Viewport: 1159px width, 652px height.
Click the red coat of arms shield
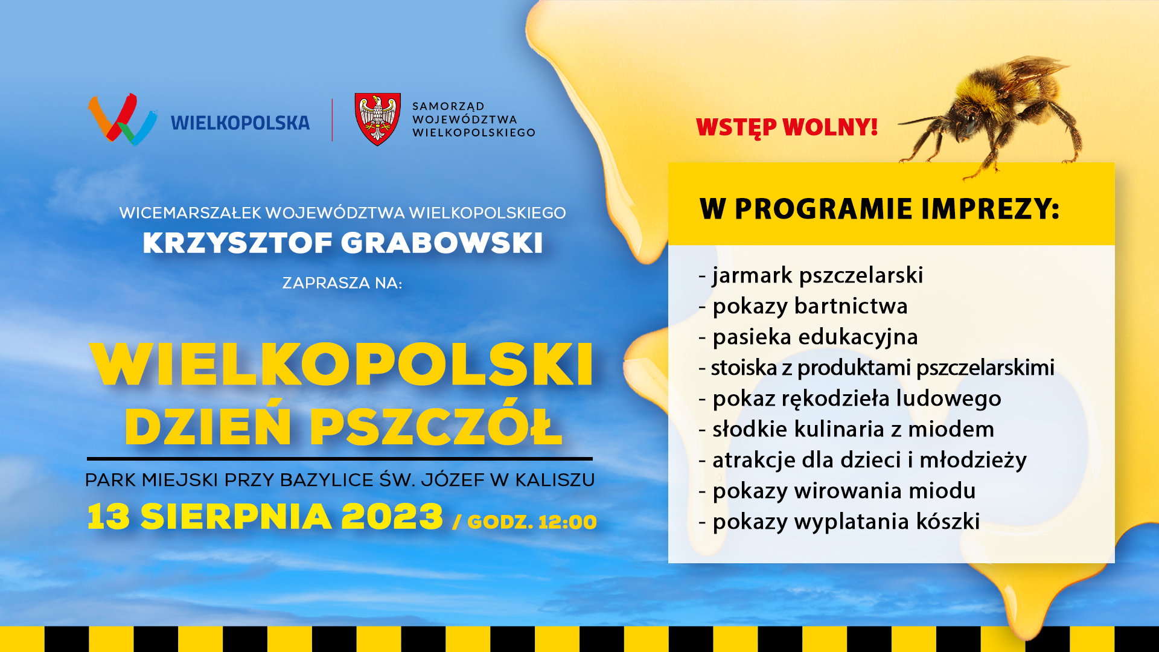point(377,119)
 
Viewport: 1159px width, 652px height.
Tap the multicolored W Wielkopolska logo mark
point(123,120)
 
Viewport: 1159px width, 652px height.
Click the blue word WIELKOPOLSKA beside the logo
point(240,123)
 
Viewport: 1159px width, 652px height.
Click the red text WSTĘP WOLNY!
point(787,127)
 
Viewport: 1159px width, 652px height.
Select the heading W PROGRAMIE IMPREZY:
point(880,209)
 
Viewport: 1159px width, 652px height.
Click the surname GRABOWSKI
point(442,243)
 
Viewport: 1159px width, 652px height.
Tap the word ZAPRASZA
point(318,283)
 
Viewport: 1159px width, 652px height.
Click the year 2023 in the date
point(392,517)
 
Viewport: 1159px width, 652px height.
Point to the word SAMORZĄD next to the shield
point(449,106)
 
